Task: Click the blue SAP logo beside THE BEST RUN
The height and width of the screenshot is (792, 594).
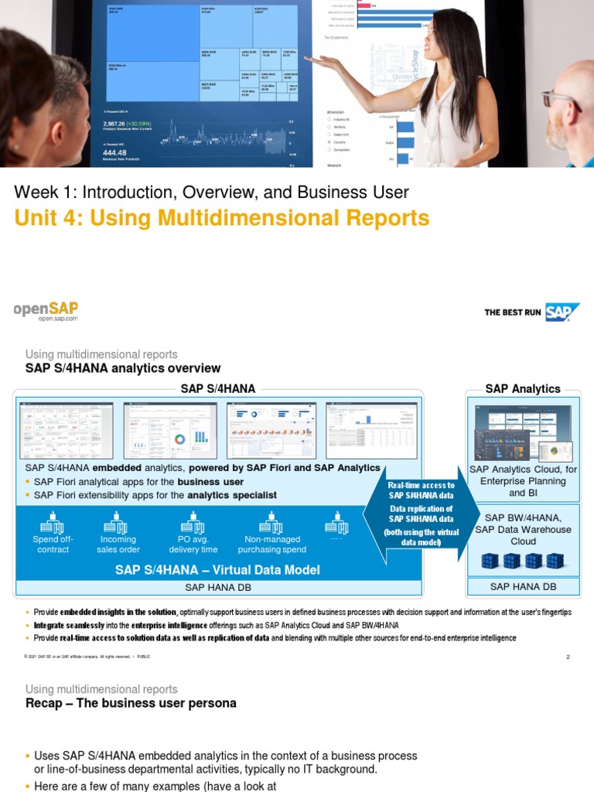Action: click(x=562, y=312)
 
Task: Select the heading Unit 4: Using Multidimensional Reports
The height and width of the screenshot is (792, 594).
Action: click(x=221, y=218)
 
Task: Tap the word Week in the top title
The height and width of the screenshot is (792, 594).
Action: click(x=36, y=192)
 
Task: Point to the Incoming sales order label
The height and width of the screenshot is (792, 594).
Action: click(x=118, y=544)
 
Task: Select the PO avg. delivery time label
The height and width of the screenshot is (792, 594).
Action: click(x=193, y=544)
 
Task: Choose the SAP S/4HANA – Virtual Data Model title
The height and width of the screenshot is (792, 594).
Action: click(x=217, y=570)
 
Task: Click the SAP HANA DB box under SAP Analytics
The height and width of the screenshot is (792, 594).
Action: click(x=523, y=587)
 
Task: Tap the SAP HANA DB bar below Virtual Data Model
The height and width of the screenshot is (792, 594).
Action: click(x=217, y=588)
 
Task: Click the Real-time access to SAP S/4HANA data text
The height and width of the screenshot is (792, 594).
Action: click(x=422, y=490)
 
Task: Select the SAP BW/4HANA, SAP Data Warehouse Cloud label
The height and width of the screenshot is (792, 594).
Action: click(x=523, y=529)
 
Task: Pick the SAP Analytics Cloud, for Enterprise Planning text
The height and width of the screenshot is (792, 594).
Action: click(x=523, y=475)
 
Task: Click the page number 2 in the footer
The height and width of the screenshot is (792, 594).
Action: click(x=568, y=657)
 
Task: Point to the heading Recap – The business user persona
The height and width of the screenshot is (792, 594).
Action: click(x=131, y=703)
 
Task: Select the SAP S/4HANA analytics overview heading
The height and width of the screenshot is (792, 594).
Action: click(x=123, y=368)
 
